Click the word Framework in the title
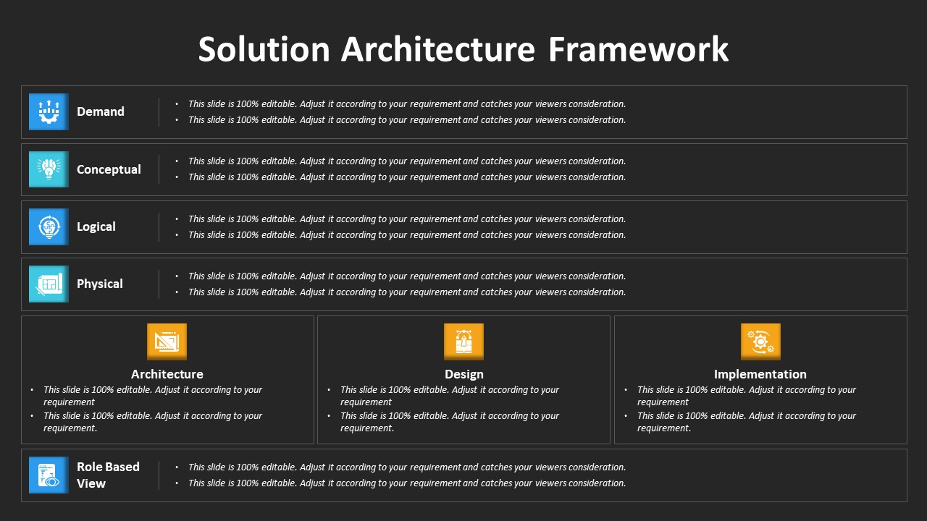(638, 49)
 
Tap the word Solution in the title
(264, 49)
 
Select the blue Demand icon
(49, 111)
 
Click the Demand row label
(101, 111)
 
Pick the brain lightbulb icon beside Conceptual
(49, 169)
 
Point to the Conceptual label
(109, 169)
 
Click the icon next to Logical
(49, 226)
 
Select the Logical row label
(96, 226)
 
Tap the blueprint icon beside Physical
(49, 284)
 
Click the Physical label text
(100, 284)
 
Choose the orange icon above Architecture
(167, 342)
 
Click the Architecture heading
(167, 374)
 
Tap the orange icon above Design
(463, 342)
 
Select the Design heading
(464, 374)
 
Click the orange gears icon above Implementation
(760, 342)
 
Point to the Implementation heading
(760, 374)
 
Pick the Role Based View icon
(49, 475)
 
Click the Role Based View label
(108, 475)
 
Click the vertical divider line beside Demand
(159, 112)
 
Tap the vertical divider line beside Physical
(159, 284)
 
